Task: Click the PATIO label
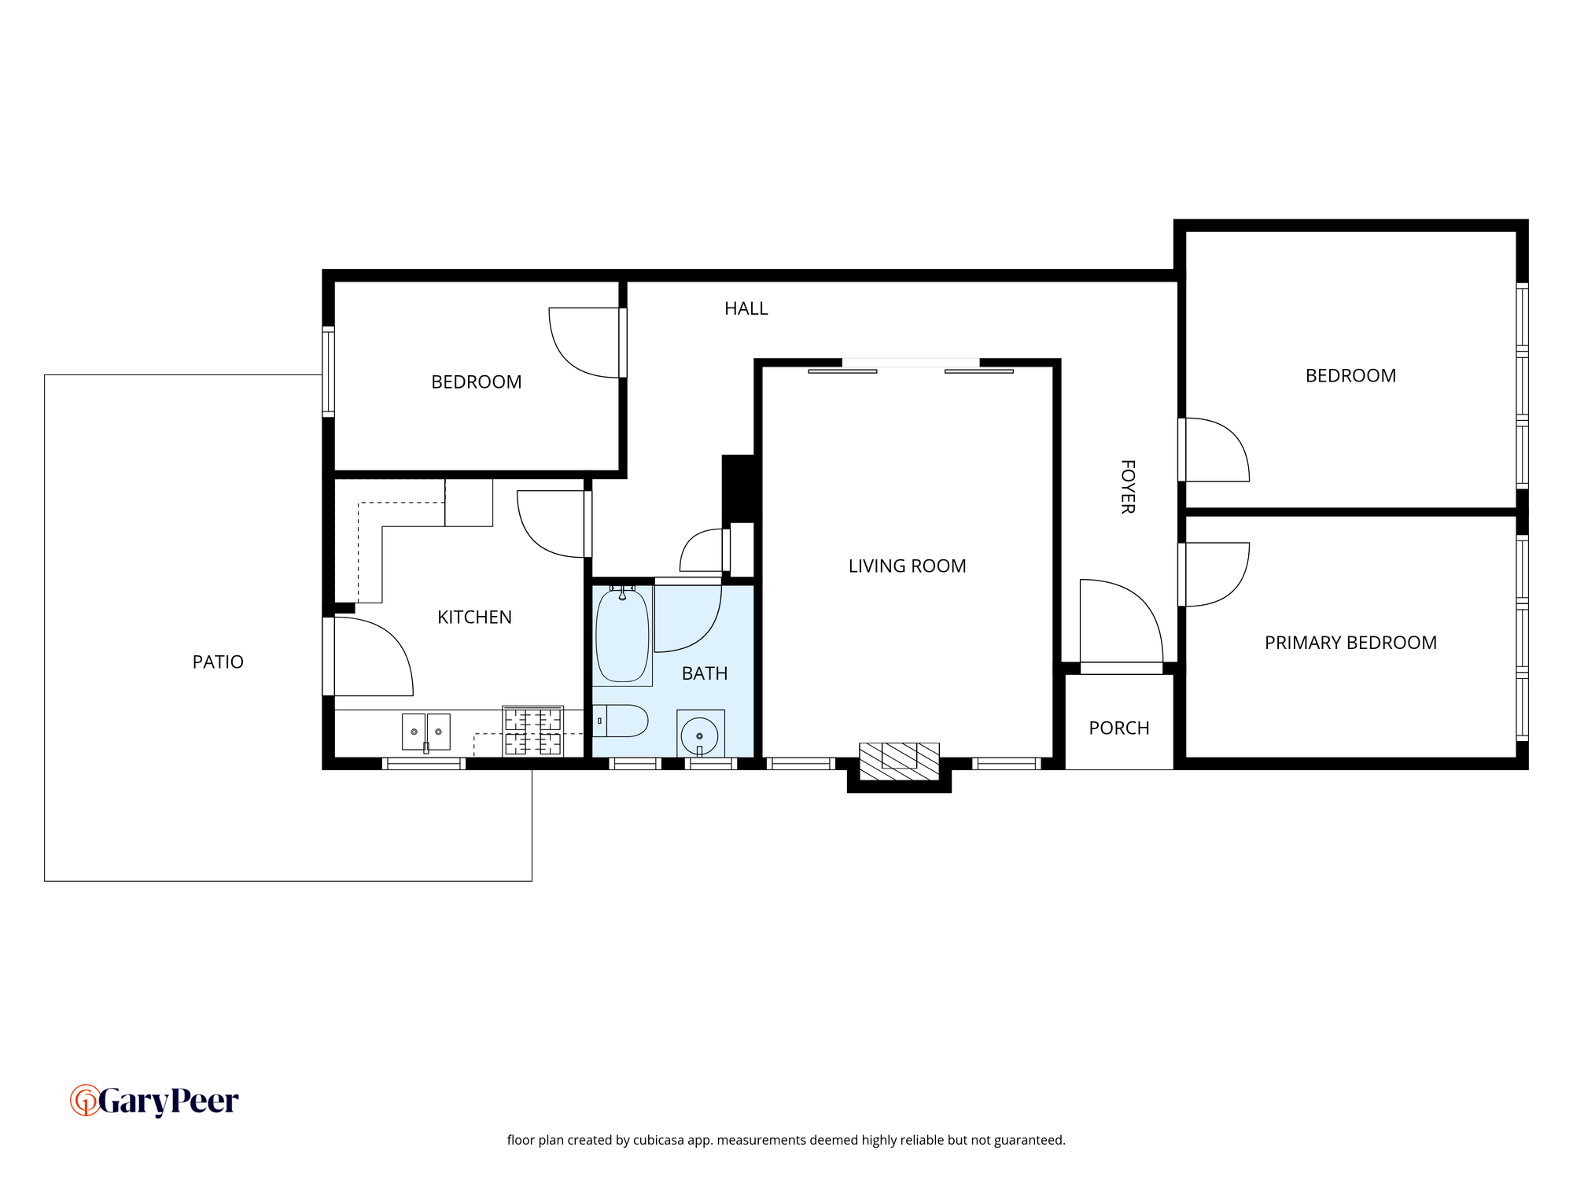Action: (218, 662)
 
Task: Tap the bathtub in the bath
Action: (622, 636)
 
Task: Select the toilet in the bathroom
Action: (620, 721)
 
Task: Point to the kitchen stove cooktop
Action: (533, 732)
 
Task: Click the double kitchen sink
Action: (426, 732)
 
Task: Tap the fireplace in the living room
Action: (899, 761)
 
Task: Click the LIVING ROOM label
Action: (907, 566)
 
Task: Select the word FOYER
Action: (1128, 487)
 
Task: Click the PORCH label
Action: (1119, 728)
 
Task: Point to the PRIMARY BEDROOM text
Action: (1350, 643)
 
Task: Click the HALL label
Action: (746, 308)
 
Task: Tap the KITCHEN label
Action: (474, 618)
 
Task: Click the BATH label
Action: (705, 673)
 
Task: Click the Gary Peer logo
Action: (155, 1101)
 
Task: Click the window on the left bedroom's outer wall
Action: (329, 371)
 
